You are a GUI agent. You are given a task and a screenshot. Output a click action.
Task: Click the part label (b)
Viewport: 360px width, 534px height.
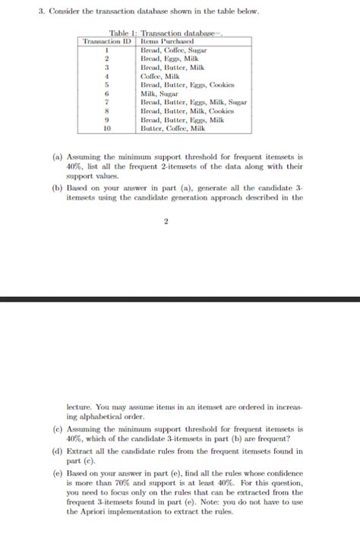point(57,188)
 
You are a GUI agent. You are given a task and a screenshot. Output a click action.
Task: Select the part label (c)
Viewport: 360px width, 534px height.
point(57,429)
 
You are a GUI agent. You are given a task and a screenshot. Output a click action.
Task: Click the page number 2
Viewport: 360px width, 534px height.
point(166,222)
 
